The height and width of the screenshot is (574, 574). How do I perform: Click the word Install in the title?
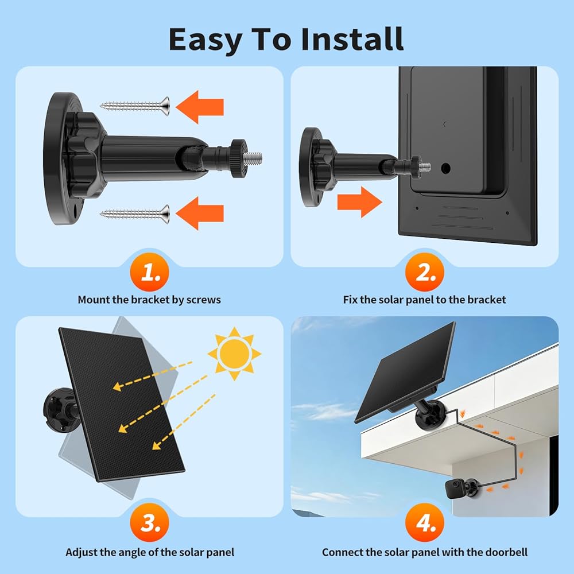click(x=352, y=39)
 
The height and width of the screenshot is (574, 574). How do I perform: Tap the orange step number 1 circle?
click(x=150, y=272)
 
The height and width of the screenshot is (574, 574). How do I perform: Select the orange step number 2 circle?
click(x=425, y=272)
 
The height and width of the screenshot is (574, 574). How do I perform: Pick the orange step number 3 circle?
click(x=150, y=522)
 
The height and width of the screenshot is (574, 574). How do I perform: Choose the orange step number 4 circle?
click(x=425, y=522)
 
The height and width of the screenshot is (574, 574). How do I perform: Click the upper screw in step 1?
click(x=135, y=106)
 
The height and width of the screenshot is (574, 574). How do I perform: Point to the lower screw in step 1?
click(x=135, y=214)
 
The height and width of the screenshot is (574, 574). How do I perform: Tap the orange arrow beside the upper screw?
click(x=200, y=107)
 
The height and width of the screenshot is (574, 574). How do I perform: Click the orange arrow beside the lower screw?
click(x=200, y=213)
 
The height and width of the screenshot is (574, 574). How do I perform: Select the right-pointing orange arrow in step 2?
click(x=359, y=202)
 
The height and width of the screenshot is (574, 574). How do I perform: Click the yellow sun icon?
click(x=234, y=354)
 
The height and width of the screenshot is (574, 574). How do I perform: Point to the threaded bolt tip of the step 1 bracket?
click(x=253, y=158)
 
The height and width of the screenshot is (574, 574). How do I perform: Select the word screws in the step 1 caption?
click(x=204, y=300)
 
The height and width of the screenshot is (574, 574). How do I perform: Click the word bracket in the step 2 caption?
click(x=487, y=300)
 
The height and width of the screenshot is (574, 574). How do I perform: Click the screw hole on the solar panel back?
click(x=445, y=168)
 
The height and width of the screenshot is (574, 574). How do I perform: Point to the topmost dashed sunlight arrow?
click(x=153, y=376)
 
